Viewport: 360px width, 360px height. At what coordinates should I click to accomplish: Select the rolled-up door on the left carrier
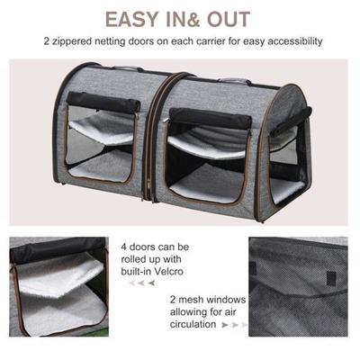pyautogui.click(x=103, y=102)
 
